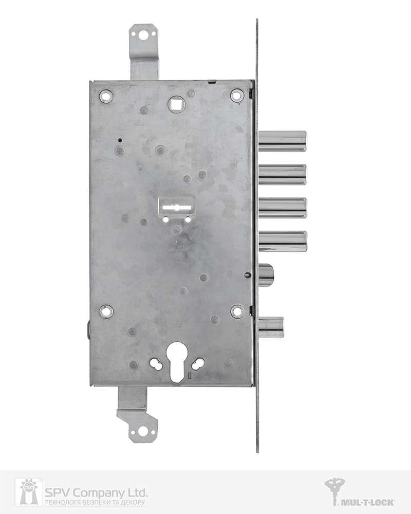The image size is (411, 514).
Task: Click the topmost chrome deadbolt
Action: tap(283, 142)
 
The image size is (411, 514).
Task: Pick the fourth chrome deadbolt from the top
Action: tap(283, 242)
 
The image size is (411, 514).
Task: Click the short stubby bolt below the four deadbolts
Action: tap(266, 276)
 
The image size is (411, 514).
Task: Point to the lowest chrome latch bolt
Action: tap(271, 327)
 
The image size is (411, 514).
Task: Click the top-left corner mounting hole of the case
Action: tap(106, 96)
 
